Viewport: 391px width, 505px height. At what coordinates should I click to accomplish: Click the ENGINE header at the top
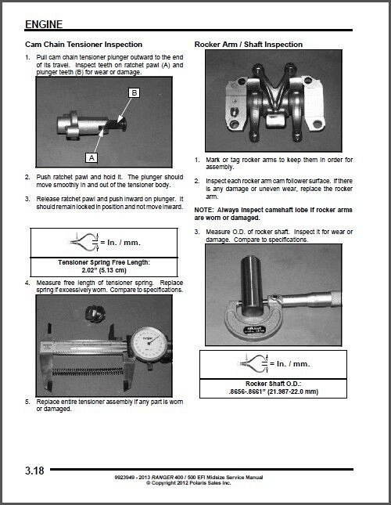(x=44, y=24)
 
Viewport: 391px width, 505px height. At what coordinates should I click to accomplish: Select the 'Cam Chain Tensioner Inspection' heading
(x=84, y=45)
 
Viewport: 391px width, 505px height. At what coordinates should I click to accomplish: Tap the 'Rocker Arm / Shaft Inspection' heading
(x=248, y=45)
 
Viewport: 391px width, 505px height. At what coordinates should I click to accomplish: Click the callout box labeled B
(x=134, y=92)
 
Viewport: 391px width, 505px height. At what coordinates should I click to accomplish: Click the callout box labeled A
(x=91, y=158)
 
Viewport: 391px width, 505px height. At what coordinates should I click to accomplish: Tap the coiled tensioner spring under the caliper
(x=88, y=372)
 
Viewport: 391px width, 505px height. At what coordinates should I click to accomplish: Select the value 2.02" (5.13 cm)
(x=104, y=270)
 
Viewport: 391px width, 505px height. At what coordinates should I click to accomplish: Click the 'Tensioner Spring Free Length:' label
(x=104, y=262)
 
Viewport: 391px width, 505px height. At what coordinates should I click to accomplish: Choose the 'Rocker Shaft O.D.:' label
(x=274, y=384)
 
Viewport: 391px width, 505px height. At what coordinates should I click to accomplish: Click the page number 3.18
(x=34, y=471)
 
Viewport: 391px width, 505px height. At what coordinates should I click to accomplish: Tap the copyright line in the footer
(x=188, y=483)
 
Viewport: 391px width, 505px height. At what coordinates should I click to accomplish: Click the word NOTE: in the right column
(x=204, y=210)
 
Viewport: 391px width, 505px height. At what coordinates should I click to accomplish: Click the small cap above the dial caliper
(x=94, y=314)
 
